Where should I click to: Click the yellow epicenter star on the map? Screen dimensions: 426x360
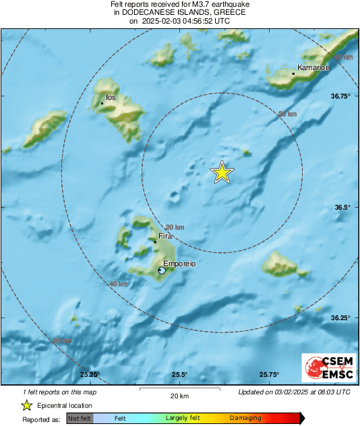point(222,173)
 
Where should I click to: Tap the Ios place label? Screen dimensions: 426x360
point(111,98)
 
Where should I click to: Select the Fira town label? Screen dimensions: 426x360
point(165,237)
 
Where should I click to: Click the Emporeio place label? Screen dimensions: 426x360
point(179,264)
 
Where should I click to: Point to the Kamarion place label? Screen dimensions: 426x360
point(313,67)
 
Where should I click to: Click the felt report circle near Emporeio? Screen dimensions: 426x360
point(161,270)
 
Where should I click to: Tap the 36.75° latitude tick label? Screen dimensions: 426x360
point(340,96)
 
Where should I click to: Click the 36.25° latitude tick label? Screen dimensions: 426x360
point(340,317)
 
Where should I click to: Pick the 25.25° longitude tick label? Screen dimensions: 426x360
point(90,375)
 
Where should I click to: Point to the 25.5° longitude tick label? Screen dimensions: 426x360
point(179,375)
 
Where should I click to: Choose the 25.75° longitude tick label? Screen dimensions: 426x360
point(269,375)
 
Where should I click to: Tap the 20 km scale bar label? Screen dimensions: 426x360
point(179,396)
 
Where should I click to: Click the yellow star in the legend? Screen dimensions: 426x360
point(26,405)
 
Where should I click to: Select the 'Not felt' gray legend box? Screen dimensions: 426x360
point(80,418)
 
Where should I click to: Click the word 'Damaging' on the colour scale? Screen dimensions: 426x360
point(245,418)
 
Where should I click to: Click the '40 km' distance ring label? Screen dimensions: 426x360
point(119,284)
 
